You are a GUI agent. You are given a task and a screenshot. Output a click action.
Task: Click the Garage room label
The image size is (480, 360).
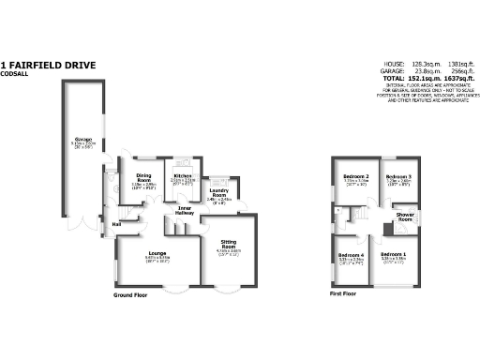tap(82, 140)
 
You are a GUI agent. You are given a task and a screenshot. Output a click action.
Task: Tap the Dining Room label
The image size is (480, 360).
tap(143, 175)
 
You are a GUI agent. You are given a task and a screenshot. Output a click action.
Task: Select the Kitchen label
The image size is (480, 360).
tap(182, 174)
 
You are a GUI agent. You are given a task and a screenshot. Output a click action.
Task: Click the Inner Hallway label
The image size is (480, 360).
tap(192, 210)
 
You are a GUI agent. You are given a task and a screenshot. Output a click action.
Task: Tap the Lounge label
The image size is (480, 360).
tap(157, 253)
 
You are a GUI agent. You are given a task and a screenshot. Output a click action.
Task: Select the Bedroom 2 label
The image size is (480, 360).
tap(354, 176)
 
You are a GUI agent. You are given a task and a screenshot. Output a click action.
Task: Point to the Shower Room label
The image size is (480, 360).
tap(405, 215)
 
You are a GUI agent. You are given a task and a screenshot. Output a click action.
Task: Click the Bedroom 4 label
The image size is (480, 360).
tap(351, 255)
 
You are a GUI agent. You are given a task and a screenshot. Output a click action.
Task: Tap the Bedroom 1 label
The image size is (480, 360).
tap(394, 255)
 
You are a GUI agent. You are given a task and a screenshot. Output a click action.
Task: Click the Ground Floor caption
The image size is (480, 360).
tap(133, 294)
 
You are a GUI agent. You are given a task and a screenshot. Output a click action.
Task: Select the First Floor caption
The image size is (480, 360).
tap(343, 294)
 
